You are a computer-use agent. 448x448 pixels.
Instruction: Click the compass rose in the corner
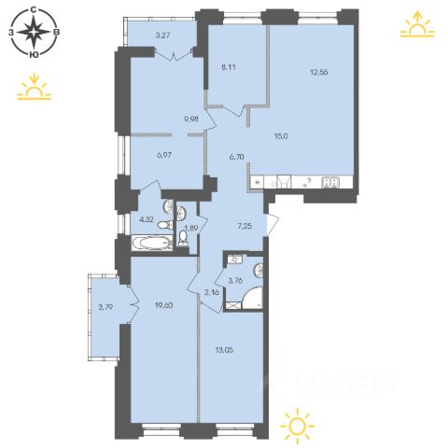[34, 32]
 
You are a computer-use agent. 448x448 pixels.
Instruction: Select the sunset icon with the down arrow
[34, 87]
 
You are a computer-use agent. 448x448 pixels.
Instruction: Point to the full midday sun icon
[297, 425]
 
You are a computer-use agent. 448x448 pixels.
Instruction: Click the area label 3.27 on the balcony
[162, 35]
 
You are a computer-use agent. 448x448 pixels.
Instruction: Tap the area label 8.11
[228, 67]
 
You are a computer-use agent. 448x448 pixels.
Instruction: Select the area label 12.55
[319, 72]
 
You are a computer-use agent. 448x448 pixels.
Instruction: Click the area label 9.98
[191, 119]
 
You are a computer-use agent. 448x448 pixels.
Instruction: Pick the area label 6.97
[163, 155]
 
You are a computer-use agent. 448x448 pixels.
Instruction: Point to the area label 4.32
[147, 219]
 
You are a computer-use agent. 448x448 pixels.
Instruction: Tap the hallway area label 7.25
[245, 226]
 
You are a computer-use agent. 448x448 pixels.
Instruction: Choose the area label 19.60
[164, 305]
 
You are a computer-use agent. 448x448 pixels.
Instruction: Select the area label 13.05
[224, 350]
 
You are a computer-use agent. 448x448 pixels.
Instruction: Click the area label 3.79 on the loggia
[105, 307]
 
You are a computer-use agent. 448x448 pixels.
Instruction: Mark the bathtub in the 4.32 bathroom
[152, 244]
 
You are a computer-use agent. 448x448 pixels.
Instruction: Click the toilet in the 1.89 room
[184, 238]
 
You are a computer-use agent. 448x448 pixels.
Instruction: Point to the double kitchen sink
[330, 182]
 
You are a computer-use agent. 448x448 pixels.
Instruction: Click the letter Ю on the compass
[34, 55]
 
